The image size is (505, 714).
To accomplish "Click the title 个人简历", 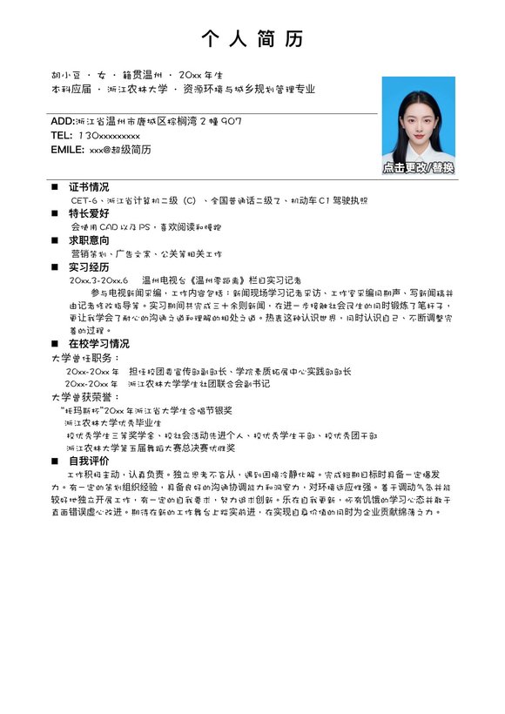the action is click(252, 38).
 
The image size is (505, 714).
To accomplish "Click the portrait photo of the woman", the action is click(418, 122).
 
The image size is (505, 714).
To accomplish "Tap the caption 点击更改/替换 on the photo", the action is click(418, 167).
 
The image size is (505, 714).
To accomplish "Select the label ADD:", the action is click(63, 120).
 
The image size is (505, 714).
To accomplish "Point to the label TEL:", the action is click(61, 135).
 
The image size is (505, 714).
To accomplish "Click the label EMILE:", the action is click(67, 150).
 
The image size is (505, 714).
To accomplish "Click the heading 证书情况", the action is click(89, 186).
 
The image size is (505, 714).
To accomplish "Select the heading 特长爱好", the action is click(89, 213).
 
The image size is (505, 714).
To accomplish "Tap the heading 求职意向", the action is click(89, 240).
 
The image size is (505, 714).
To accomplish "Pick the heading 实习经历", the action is click(89, 267).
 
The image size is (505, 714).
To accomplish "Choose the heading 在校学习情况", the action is click(98, 344).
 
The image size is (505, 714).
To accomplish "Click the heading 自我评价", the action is click(89, 461).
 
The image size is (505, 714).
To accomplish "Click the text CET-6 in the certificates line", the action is click(85, 200).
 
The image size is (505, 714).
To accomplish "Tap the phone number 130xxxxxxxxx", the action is click(109, 135).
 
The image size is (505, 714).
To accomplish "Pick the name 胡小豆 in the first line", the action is click(65, 74).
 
